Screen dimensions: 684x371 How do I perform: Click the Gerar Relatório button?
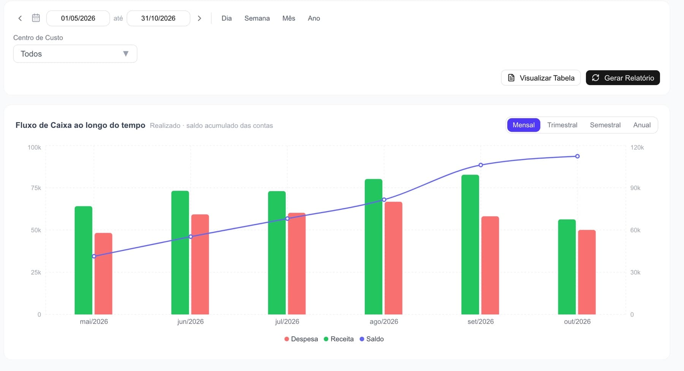click(622, 78)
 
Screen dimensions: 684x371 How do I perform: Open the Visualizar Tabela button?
click(541, 78)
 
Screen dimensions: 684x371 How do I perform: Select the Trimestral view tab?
click(562, 125)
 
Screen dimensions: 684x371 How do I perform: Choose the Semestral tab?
click(605, 125)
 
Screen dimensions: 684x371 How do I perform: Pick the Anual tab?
click(642, 125)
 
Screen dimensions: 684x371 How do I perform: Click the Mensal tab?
click(524, 125)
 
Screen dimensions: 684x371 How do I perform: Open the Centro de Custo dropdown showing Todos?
click(75, 54)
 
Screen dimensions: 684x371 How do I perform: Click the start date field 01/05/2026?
click(78, 18)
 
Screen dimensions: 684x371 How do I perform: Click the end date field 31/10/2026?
click(158, 18)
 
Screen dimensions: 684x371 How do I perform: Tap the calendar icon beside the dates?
click(36, 18)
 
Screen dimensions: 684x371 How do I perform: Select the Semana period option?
click(257, 18)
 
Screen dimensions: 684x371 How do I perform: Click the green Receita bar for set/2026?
click(470, 245)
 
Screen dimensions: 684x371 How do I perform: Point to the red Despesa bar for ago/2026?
click(393, 258)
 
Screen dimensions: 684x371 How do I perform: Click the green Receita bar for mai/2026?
click(83, 260)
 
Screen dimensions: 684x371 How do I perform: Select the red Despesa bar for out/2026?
click(587, 272)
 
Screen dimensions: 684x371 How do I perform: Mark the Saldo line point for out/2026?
click(577, 156)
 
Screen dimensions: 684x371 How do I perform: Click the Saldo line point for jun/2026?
click(191, 237)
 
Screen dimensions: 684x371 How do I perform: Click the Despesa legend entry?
click(301, 339)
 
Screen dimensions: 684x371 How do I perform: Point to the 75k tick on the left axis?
click(36, 188)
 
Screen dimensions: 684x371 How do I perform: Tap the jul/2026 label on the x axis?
click(287, 322)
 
